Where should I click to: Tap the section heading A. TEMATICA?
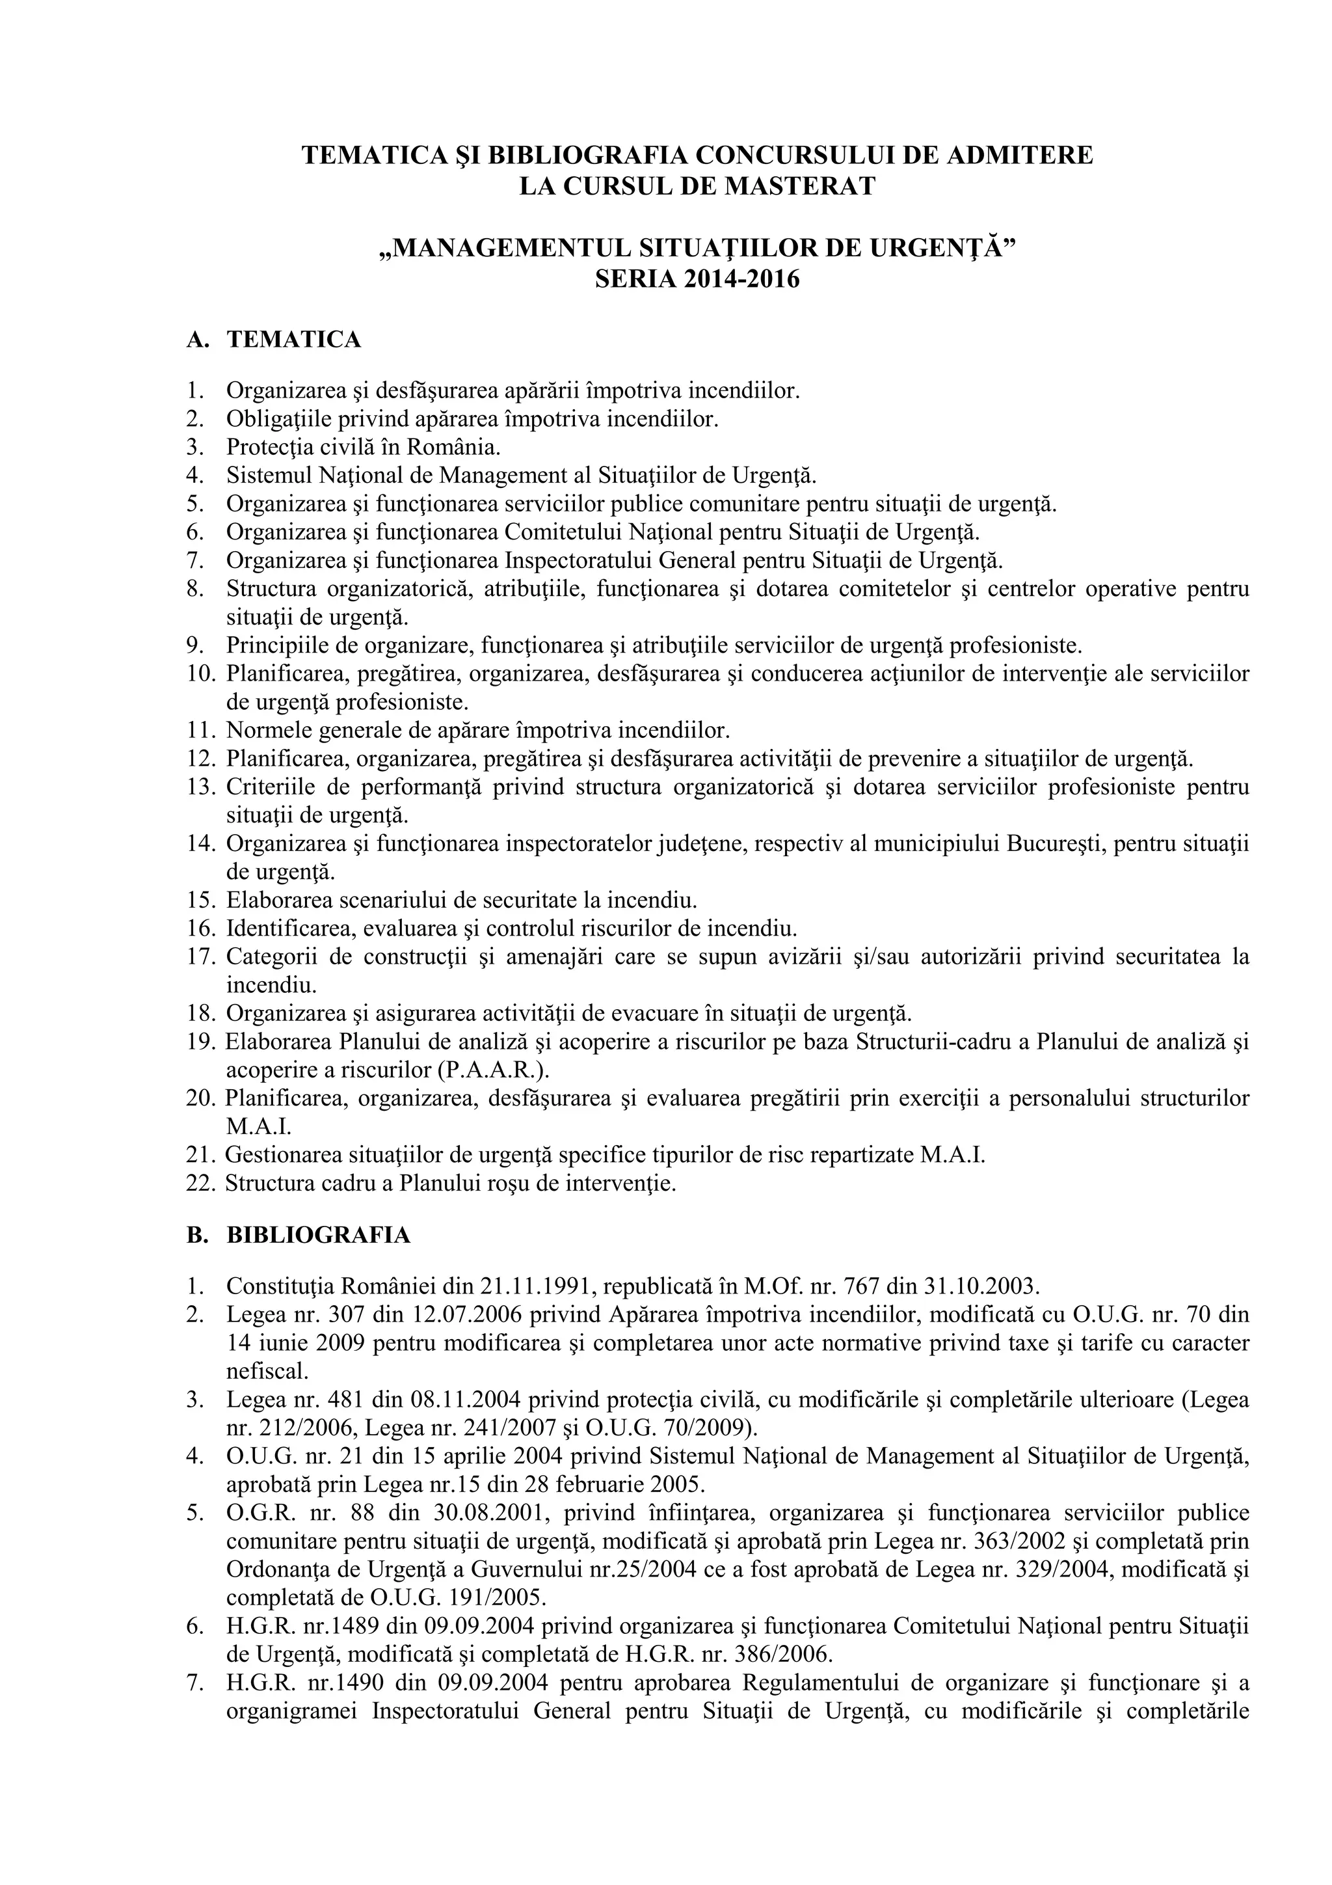[x=274, y=339]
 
